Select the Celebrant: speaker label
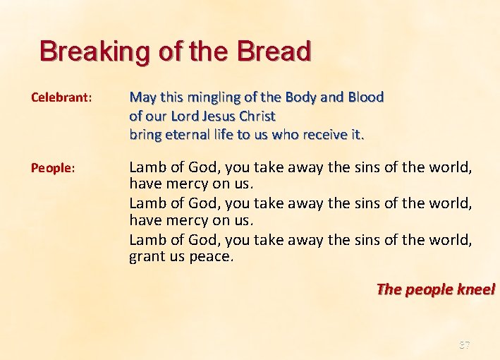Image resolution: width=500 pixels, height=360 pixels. coord(61,97)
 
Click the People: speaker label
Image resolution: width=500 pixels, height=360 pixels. coord(52,167)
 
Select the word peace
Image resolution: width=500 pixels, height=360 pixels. coord(211,256)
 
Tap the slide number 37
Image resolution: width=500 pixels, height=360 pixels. coord(464,345)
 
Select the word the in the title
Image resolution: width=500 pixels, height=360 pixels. coord(211,52)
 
